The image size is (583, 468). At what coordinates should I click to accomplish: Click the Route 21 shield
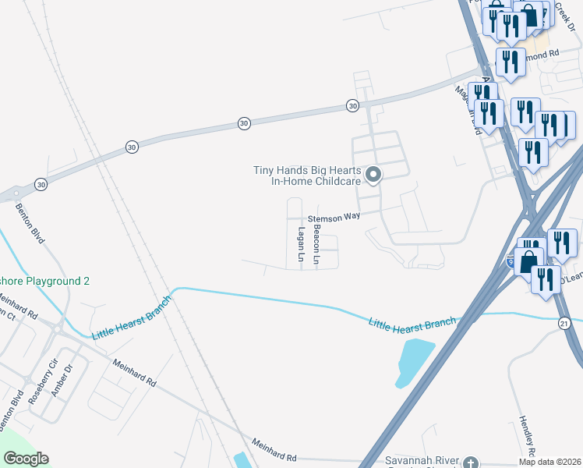pyautogui.click(x=564, y=322)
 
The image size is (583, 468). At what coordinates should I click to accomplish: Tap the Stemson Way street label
pyautogui.click(x=334, y=218)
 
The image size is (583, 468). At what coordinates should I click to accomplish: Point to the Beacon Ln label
pyautogui.click(x=316, y=244)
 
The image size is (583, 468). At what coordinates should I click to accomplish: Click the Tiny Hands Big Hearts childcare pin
pyautogui.click(x=373, y=175)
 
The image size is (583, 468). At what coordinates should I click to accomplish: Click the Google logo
pyautogui.click(x=26, y=459)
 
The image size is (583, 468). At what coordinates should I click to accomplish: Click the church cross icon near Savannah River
pyautogui.click(x=471, y=463)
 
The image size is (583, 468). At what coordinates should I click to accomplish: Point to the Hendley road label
pyautogui.click(x=525, y=436)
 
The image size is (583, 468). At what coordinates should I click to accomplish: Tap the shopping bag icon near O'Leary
pyautogui.click(x=528, y=261)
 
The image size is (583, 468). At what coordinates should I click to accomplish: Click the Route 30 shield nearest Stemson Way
pyautogui.click(x=352, y=105)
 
